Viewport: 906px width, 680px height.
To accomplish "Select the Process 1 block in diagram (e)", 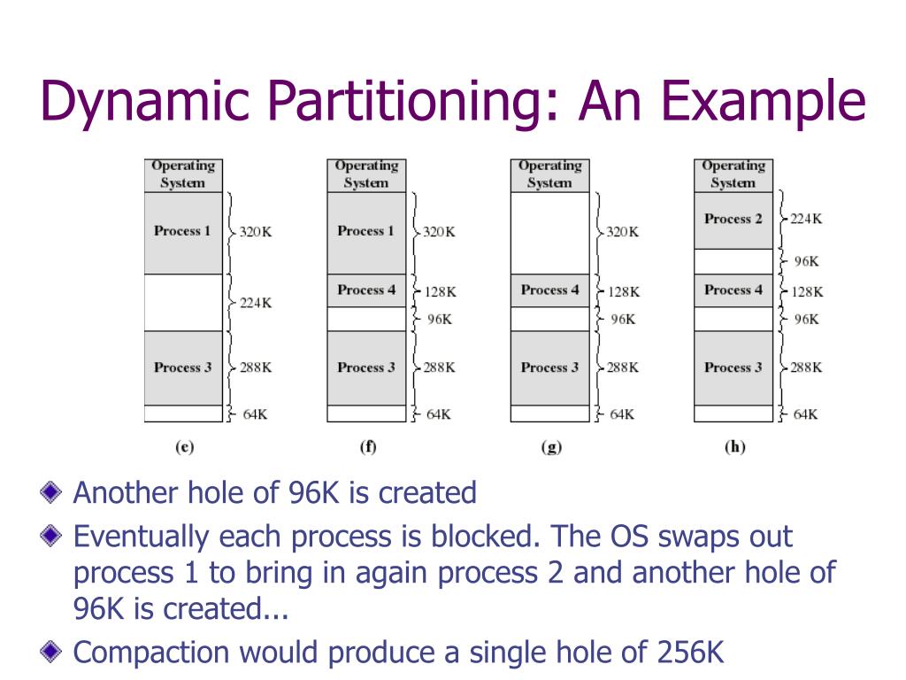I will [183, 232].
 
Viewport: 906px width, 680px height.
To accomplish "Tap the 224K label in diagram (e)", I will [256, 303].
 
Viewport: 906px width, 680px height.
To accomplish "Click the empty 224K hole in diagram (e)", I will [183, 302].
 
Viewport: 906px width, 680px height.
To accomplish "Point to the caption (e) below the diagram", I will [184, 447].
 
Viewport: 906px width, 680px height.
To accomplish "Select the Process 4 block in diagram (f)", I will [366, 290].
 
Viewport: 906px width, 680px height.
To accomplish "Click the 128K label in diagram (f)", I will [440, 291].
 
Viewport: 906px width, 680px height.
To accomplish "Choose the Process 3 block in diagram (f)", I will [366, 367].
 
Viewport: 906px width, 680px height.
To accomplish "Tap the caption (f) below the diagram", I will [367, 447].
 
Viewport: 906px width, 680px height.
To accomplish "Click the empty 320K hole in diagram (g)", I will [549, 232].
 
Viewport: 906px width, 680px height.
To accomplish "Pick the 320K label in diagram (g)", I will [623, 232].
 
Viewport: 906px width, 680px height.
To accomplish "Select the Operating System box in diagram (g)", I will [549, 174].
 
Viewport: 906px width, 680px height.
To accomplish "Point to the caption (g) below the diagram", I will [550, 447].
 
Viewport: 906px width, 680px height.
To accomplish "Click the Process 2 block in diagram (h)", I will [733, 220].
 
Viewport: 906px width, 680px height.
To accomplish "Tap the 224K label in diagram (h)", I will [806, 219].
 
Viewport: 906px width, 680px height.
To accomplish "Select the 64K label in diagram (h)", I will [805, 413].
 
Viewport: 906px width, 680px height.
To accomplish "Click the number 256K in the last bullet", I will [690, 653].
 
